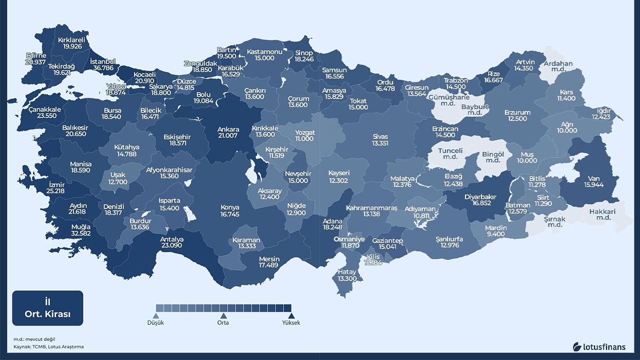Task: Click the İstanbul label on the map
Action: point(102,61)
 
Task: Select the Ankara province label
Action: point(228,129)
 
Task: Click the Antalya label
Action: point(171,239)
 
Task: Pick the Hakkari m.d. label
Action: point(602,211)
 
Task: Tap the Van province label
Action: point(593,178)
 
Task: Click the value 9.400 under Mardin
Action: point(496,234)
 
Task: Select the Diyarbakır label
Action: point(480,196)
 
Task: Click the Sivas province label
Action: point(380,136)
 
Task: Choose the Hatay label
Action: point(347,272)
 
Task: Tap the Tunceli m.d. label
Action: point(450,150)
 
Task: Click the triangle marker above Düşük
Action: point(155,315)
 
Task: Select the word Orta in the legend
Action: point(223,323)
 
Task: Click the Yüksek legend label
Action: point(291,323)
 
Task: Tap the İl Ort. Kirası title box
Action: point(47,308)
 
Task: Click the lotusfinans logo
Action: point(599,346)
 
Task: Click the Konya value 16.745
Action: point(230,214)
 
